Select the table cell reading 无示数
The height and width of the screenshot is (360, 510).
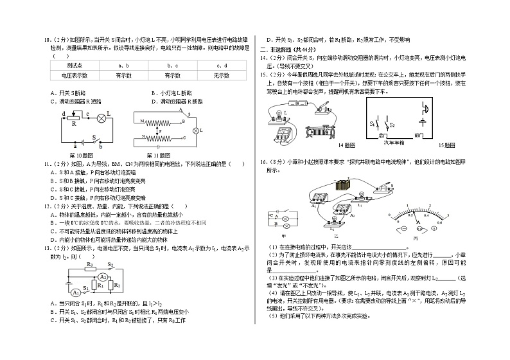point(222,75)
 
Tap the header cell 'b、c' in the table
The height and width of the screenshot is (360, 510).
point(173,66)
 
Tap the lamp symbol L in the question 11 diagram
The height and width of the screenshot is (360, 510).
point(195,130)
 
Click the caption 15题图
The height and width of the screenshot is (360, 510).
point(446,146)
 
